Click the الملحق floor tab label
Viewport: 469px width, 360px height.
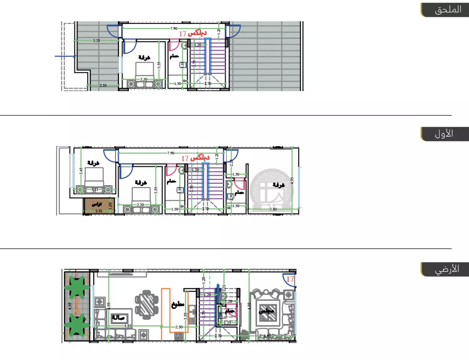(448, 10)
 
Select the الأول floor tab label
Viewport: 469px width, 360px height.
(444, 134)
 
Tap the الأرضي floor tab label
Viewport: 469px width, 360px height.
(447, 269)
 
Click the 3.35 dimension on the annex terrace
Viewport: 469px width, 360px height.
(96, 40)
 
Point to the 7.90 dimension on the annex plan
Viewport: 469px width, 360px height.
(174, 28)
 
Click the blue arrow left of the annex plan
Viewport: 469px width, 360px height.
(65, 56)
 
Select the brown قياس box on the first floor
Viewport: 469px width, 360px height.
(97, 206)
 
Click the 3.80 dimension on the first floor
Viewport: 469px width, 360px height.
(273, 209)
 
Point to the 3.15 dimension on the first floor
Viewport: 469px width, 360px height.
(95, 190)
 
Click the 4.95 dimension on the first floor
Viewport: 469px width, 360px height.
(292, 181)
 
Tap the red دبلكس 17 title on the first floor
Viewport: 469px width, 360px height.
(195, 158)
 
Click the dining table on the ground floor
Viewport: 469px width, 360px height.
(146, 304)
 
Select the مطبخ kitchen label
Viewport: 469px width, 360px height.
(178, 305)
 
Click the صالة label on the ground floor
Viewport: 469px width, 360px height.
(118, 317)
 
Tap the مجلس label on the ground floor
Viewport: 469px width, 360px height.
(266, 311)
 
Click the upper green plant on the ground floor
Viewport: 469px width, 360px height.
(77, 287)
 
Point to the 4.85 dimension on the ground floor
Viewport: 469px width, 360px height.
(128, 326)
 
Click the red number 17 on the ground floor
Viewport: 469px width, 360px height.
(290, 279)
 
